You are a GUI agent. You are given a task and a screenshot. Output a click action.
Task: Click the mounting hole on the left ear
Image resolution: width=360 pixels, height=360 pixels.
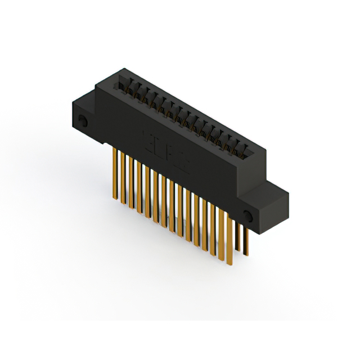(83, 120)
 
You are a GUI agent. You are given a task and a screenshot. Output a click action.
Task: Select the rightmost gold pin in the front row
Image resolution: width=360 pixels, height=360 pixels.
(229, 236)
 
